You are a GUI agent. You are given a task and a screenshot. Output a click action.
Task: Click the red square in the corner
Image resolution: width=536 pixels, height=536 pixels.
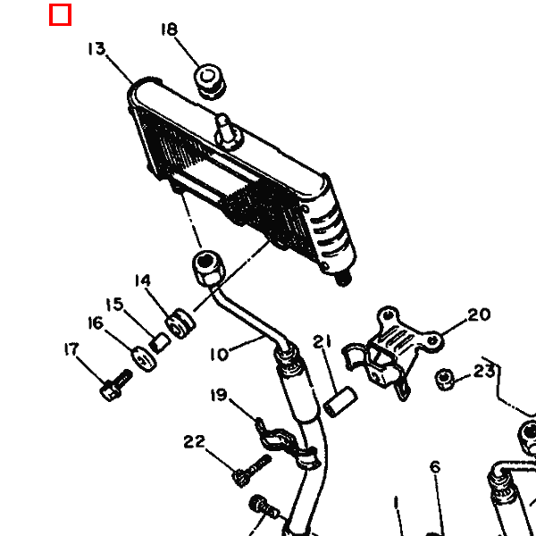click(60, 14)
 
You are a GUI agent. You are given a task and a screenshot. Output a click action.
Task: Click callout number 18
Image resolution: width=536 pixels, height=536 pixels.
click(170, 29)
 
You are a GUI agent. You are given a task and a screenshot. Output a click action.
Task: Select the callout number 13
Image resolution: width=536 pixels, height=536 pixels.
click(96, 48)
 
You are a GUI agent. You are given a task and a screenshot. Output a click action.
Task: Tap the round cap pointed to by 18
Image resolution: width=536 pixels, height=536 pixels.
click(210, 81)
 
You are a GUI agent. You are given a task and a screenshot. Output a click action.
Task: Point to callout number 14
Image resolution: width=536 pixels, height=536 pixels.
click(143, 281)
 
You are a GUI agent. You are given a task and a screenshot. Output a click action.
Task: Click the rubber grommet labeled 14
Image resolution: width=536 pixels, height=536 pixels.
click(180, 323)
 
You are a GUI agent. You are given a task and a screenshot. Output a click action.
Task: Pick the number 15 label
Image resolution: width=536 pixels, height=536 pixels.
click(114, 305)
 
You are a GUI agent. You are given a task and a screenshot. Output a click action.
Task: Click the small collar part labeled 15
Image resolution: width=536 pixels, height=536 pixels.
click(159, 343)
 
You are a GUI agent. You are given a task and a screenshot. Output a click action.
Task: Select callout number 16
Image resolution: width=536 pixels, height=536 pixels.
click(96, 323)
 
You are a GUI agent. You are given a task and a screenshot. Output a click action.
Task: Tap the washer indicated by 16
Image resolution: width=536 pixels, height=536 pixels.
click(144, 358)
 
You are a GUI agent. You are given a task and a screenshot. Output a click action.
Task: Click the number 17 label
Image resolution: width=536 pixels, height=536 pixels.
click(71, 349)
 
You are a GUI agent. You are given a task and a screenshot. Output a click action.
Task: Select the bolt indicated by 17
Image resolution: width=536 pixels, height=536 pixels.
click(116, 385)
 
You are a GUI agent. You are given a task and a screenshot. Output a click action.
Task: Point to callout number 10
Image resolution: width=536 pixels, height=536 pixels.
click(219, 355)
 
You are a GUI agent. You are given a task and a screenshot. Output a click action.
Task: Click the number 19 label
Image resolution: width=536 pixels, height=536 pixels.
click(219, 395)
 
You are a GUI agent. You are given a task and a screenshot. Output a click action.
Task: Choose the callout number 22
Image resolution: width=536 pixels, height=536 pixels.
click(195, 441)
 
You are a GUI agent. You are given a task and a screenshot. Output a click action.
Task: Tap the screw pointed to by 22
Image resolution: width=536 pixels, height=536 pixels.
click(252, 470)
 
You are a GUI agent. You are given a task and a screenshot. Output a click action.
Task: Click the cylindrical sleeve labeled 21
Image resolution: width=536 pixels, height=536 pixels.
click(340, 402)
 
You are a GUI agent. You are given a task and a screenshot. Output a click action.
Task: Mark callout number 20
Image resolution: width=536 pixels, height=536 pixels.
click(479, 314)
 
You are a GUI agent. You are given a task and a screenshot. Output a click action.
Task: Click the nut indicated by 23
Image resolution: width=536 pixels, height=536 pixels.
click(444, 379)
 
